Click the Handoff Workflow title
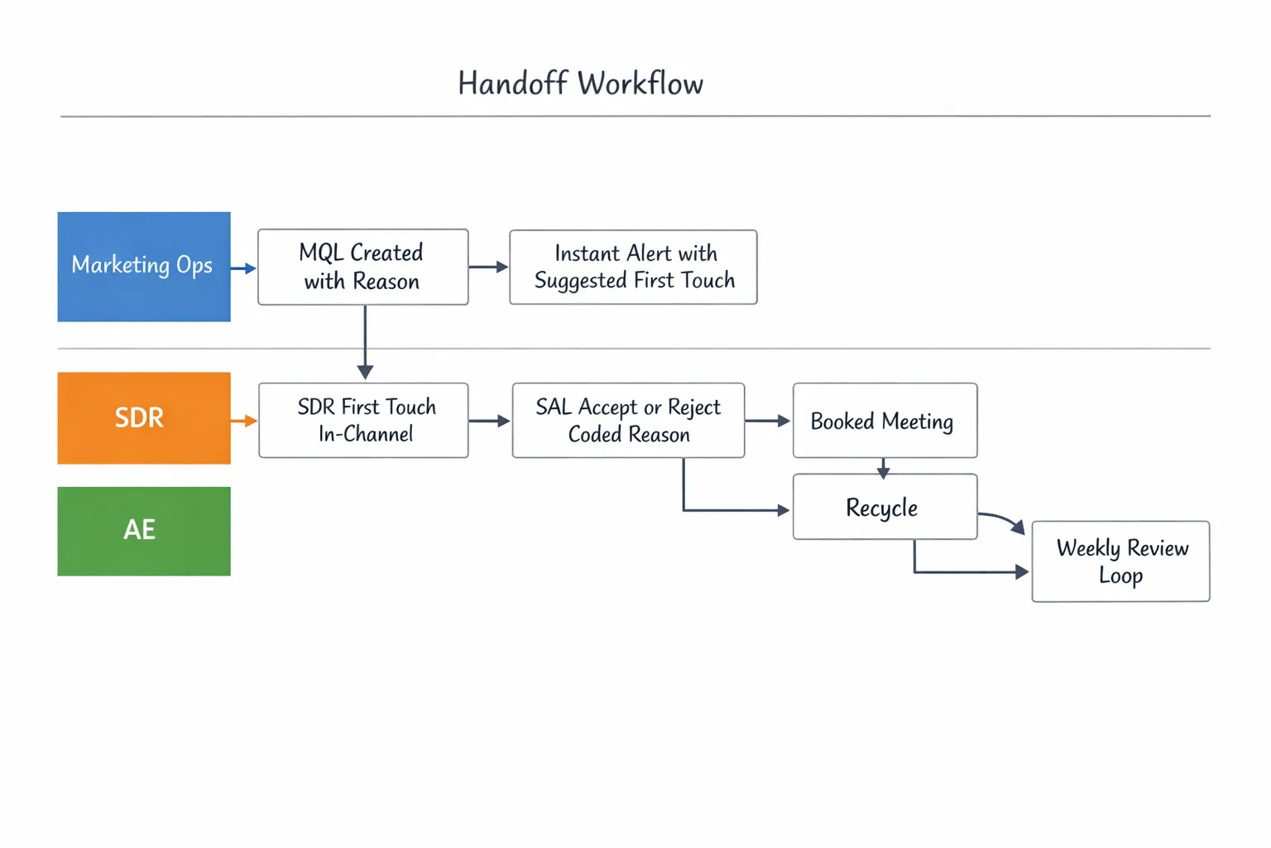[x=580, y=84]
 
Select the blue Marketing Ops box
[x=144, y=267]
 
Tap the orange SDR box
[x=144, y=418]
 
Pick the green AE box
[x=144, y=531]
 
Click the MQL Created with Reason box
[x=362, y=267]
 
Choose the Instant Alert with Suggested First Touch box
[x=633, y=267]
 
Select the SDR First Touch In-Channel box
[x=363, y=420]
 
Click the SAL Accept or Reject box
[x=628, y=420]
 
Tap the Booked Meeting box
[x=885, y=420]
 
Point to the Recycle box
[x=885, y=507]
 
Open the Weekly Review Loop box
[x=1120, y=561]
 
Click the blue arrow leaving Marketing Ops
[x=243, y=268]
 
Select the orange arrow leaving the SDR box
[x=244, y=422]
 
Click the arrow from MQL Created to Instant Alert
[x=488, y=267]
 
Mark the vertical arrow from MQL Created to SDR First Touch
[x=365, y=341]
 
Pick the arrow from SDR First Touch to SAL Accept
[x=489, y=421]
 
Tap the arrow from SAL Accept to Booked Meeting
[x=767, y=421]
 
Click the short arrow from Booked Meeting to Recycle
[x=884, y=468]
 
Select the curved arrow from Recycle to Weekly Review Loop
[x=1003, y=519]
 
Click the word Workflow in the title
[x=640, y=84]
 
